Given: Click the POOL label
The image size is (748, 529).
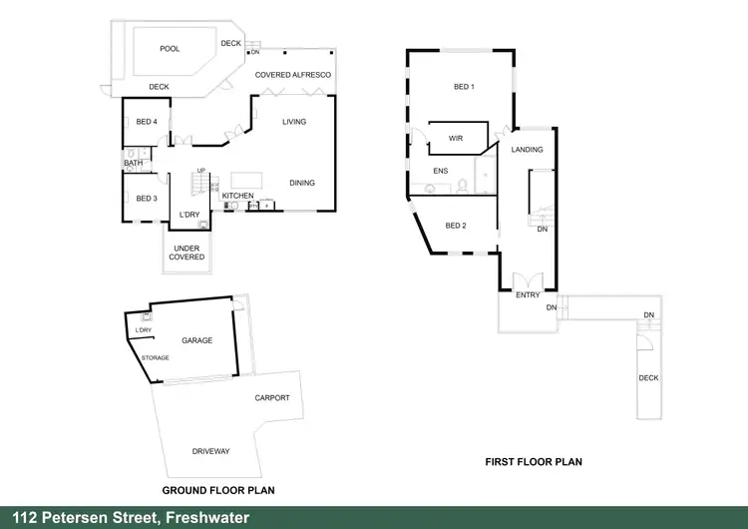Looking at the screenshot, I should tap(170, 48).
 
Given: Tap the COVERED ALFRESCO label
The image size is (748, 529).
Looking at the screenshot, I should tap(293, 75).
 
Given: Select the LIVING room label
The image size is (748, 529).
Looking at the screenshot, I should tap(294, 122).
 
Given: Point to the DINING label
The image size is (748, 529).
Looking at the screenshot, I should tap(302, 183).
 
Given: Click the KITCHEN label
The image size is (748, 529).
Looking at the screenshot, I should tap(237, 195).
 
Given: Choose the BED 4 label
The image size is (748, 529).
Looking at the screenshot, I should tap(147, 122).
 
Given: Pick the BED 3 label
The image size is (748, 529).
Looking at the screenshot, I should tap(147, 199).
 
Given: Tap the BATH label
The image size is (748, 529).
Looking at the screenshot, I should tap(133, 163).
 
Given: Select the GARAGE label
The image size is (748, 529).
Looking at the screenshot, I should tap(196, 340).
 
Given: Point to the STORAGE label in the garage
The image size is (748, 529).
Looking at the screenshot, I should tap(156, 357).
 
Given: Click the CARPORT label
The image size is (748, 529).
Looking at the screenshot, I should tap(272, 397).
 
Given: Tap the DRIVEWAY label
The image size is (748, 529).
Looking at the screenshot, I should tap(210, 451).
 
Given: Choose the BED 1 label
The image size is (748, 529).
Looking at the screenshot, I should tap(464, 87).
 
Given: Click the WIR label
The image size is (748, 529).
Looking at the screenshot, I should tap(456, 138).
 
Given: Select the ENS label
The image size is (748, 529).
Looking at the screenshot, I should tap(440, 171).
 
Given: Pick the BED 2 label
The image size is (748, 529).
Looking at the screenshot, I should tap(456, 226).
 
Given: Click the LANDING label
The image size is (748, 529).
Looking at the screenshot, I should tap(527, 150).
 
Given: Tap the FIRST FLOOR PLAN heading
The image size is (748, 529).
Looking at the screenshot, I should tap(533, 462).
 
